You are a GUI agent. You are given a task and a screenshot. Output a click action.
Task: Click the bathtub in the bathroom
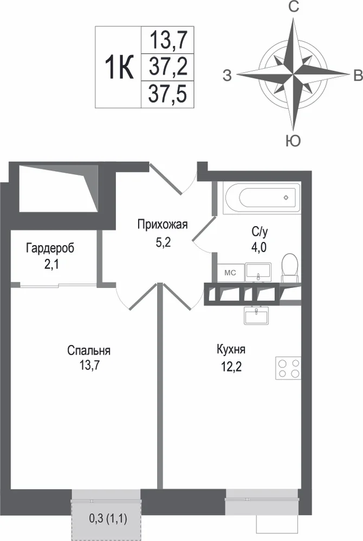(x=262, y=197)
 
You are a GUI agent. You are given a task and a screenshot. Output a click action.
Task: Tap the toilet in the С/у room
(x=290, y=268)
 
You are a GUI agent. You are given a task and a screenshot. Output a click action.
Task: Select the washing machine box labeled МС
(x=230, y=273)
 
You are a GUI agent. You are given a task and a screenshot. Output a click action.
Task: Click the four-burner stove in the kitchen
(x=288, y=368)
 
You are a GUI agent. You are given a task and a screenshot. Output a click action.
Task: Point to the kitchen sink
(x=256, y=315)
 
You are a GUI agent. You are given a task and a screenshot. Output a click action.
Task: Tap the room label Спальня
(x=89, y=351)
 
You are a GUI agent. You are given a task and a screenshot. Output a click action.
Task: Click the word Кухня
(x=231, y=349)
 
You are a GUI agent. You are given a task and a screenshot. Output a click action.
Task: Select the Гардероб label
(x=50, y=248)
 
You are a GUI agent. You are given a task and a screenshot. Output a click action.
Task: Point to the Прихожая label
(x=163, y=225)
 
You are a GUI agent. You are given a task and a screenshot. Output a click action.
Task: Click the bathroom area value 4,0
(x=258, y=247)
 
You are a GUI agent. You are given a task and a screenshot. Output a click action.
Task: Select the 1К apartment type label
(x=119, y=67)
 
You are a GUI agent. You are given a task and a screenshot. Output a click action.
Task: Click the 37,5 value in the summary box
(x=167, y=94)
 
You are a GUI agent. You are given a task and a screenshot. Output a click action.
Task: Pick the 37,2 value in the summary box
(x=168, y=67)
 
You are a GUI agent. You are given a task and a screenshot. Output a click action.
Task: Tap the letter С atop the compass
(x=294, y=7)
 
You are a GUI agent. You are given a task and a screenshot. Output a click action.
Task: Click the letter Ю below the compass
(x=293, y=141)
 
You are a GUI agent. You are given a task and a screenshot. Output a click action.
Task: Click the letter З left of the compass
(x=227, y=75)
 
